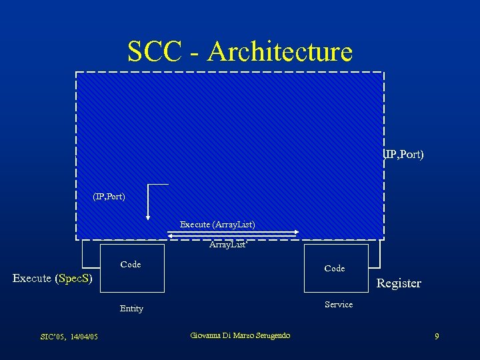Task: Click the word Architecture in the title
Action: [x=279, y=51]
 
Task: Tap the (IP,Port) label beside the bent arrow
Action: [x=109, y=197]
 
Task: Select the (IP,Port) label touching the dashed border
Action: [x=404, y=155]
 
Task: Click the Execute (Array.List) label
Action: [x=217, y=224]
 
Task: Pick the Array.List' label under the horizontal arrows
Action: [x=229, y=245]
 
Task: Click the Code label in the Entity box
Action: [x=131, y=265]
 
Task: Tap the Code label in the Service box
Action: [x=334, y=268]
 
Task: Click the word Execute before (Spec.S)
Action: [x=32, y=278]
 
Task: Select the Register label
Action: [x=399, y=283]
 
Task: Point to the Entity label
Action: [x=131, y=309]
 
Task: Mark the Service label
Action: [x=339, y=304]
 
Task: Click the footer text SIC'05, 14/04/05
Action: [x=69, y=337]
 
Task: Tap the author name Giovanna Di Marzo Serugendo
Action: [x=240, y=335]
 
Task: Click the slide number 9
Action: [x=437, y=337]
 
